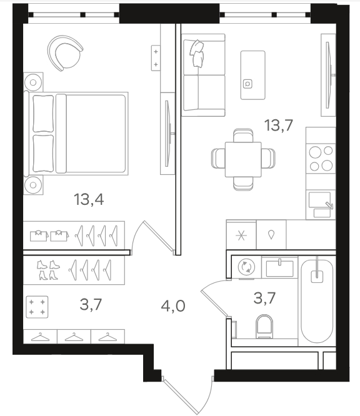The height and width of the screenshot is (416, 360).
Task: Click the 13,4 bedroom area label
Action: coord(89,199)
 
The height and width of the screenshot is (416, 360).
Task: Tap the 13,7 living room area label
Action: coord(279,125)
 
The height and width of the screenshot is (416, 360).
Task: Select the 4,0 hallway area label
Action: coord(173,306)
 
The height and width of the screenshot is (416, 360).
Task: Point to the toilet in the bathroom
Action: coord(264,327)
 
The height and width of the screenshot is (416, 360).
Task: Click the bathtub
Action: coord(317,301)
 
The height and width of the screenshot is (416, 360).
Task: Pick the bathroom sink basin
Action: coord(279,268)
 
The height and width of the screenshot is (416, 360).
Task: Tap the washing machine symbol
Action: coord(246,267)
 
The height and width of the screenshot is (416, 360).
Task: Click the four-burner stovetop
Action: coord(321,159)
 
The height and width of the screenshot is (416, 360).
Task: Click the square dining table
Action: coord(243,159)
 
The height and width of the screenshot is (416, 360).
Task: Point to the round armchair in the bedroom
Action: coord(65,53)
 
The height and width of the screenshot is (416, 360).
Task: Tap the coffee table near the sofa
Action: coord(252,75)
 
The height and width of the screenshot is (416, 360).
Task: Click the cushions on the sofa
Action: coord(197,53)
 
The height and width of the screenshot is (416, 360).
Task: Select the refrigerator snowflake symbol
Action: coord(241,235)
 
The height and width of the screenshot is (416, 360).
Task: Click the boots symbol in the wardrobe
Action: coord(48,270)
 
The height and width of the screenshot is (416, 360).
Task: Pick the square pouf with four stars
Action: coord(37,307)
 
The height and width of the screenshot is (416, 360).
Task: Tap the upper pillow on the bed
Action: coord(43,114)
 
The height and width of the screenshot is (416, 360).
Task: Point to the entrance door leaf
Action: coord(181,395)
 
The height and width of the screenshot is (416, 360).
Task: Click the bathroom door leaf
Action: coord(214,303)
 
